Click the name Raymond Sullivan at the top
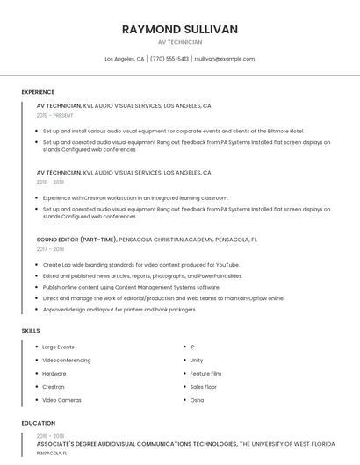180,29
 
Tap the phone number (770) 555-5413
169,59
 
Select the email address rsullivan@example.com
225,59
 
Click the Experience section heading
38,92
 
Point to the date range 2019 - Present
54,115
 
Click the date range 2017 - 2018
51,249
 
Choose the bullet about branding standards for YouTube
140,264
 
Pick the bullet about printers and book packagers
119,309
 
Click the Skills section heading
31,331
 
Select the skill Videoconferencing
67,360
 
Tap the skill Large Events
58,347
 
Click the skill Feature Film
205,373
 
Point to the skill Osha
197,400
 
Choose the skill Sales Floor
203,386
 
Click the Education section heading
39,423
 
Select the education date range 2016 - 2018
50,436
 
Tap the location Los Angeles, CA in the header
125,59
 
